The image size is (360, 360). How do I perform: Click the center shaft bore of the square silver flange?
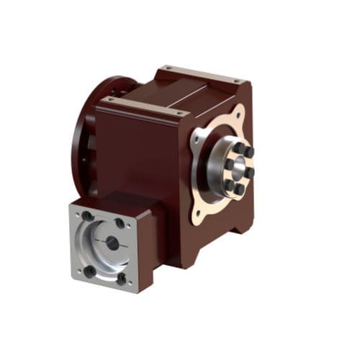[112, 243]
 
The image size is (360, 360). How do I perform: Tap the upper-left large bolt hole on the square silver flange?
[88, 216]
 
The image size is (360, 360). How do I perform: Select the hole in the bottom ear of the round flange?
[196, 214]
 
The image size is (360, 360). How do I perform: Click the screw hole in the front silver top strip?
[177, 112]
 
